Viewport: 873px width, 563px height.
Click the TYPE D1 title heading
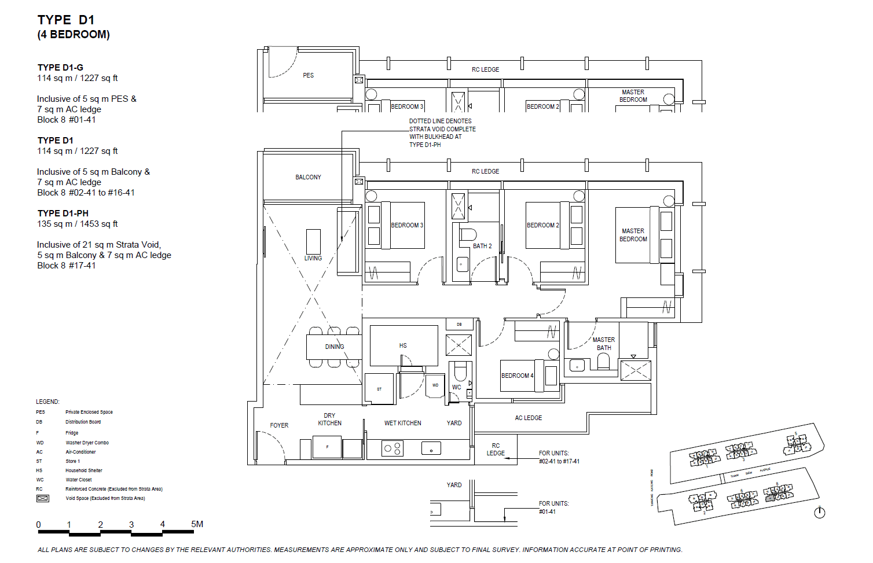tap(65, 20)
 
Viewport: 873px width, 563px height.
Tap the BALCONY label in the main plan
tap(308, 177)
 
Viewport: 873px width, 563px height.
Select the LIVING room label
tap(313, 258)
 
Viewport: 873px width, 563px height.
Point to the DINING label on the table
tap(334, 347)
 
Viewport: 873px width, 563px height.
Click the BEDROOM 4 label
tap(517, 376)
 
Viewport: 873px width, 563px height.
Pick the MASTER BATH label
tap(603, 344)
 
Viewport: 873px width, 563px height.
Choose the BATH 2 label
tap(482, 246)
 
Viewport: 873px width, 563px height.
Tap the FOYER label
tap(279, 425)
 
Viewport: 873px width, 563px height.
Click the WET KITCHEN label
tap(402, 423)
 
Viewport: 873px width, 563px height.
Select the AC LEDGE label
tap(528, 418)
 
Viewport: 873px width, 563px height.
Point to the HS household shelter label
tap(403, 345)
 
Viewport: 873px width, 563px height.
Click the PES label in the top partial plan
tap(308, 75)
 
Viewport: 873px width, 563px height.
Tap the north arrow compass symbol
tap(819, 512)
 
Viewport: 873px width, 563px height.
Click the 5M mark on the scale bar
tap(197, 524)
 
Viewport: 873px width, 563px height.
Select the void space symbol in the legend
tap(43, 498)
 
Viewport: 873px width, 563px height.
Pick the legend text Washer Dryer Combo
tap(87, 443)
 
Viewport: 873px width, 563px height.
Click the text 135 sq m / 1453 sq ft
tap(78, 224)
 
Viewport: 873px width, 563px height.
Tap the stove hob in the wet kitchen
tap(393, 448)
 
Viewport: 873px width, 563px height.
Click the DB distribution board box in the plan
tap(459, 325)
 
